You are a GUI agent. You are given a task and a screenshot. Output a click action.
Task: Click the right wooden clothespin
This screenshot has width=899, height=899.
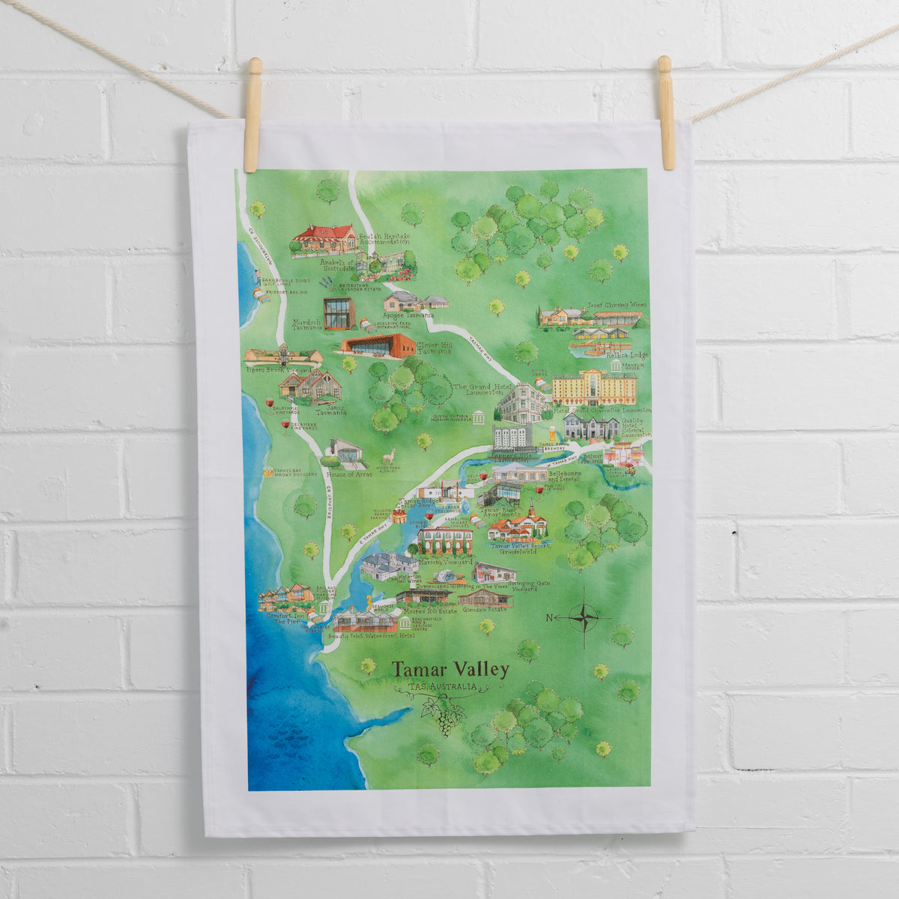[666, 112]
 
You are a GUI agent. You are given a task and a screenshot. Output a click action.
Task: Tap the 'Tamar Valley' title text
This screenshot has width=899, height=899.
[450, 669]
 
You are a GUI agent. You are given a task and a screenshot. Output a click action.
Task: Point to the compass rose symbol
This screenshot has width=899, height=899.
[584, 617]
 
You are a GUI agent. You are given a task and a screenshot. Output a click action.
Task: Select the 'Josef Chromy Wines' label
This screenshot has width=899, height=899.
[617, 306]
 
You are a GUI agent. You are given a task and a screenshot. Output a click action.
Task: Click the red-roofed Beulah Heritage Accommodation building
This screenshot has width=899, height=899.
[325, 237]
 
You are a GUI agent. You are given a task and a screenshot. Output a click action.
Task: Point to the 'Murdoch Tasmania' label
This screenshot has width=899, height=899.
[307, 324]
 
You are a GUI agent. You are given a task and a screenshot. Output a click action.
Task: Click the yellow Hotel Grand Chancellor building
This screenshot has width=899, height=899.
[594, 387]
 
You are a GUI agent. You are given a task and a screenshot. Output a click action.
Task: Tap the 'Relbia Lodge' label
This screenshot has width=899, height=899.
[628, 354]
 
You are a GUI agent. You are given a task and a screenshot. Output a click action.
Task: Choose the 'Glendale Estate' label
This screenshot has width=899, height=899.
[485, 609]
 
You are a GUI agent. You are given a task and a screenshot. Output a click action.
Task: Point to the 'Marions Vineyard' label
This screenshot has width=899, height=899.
[445, 561]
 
